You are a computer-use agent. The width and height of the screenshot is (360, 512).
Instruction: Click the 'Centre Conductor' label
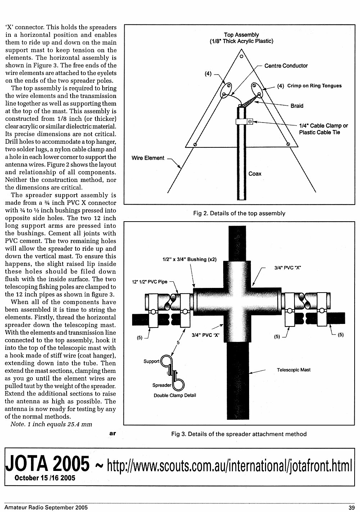tap(286, 66)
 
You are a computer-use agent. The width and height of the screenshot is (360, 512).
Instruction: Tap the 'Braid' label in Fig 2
tap(297, 106)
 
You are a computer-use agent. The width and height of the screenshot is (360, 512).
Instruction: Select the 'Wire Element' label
tap(148, 158)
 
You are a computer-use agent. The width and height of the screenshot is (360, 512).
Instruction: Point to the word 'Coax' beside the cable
tap(255, 174)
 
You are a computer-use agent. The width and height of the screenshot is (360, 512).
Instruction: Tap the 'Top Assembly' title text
tap(242, 35)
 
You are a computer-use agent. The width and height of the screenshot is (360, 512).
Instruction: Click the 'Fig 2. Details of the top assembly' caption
tap(239, 213)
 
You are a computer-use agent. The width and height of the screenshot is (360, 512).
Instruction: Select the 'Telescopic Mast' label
tap(293, 370)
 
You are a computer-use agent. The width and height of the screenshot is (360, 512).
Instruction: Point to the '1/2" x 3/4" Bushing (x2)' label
tap(189, 259)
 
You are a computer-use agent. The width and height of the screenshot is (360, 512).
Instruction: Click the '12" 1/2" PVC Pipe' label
tap(150, 282)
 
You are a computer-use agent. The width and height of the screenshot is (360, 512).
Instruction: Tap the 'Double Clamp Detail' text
tap(175, 395)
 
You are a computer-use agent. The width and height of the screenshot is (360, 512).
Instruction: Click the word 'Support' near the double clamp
tap(151, 361)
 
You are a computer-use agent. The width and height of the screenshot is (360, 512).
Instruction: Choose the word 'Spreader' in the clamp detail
tap(162, 385)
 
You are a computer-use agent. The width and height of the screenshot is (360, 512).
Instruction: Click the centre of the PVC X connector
tap(237, 302)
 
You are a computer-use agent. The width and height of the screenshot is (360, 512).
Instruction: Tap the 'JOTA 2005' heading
tap(47, 464)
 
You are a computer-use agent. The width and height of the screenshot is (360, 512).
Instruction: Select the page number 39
tap(352, 507)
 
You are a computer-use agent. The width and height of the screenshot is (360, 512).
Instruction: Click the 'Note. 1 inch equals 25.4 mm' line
tap(51, 424)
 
